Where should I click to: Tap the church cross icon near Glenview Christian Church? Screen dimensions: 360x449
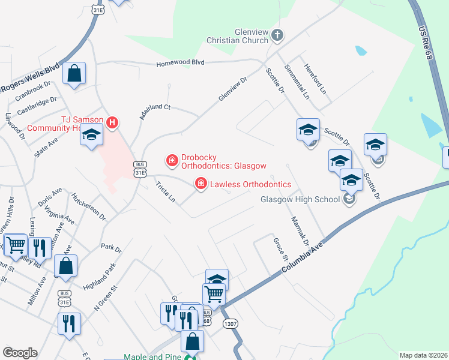(x=277, y=35)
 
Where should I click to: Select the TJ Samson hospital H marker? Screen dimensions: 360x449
(x=112, y=123)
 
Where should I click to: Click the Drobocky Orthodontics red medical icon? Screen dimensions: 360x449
(x=172, y=160)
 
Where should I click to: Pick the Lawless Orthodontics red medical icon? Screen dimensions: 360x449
(x=201, y=184)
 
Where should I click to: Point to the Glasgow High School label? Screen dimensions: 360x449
(x=300, y=200)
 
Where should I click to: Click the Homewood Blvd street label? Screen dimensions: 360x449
(x=181, y=63)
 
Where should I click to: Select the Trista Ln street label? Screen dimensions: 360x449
(x=165, y=191)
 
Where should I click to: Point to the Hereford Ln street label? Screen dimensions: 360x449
(x=315, y=79)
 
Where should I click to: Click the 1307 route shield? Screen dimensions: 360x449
(x=230, y=323)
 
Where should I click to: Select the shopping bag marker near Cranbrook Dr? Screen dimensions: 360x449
(x=74, y=74)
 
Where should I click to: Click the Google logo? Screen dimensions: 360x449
(x=20, y=353)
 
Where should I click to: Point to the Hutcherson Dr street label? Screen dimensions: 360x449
(x=88, y=206)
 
